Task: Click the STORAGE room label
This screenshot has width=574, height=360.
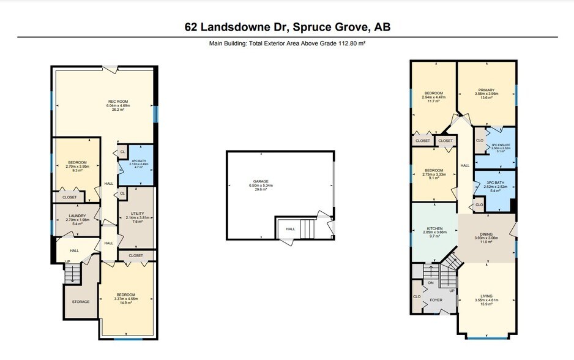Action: click(x=81, y=302)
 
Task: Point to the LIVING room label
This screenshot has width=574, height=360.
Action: click(x=488, y=295)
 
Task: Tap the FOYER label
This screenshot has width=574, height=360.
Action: click(x=436, y=299)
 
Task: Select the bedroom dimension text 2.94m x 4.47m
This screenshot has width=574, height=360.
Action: click(x=433, y=96)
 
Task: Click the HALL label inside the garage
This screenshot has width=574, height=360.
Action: click(x=290, y=230)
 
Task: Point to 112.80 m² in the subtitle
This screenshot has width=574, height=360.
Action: click(x=350, y=44)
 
